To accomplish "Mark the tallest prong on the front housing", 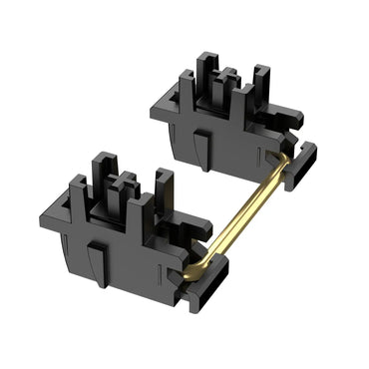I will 104,176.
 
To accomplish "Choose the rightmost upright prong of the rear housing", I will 260,84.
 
